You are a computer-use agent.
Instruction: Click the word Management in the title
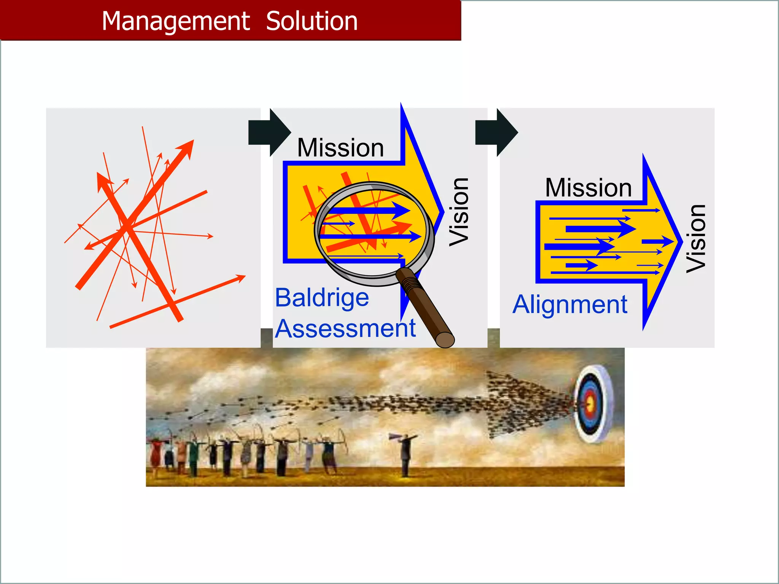coord(175,21)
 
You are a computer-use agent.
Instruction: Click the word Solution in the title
coord(312,21)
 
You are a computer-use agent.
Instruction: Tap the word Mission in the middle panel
coord(340,148)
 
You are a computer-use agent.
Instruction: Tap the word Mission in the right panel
coord(588,188)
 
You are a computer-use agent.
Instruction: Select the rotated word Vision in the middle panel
coord(459,212)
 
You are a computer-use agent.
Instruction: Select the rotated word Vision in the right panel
coord(696,238)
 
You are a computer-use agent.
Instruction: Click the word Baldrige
coord(322,298)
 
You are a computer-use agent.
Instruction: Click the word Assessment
coord(345,328)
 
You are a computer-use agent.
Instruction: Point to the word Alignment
coord(569,305)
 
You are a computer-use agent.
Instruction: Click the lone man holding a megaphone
coord(405,452)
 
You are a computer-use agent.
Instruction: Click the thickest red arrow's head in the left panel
coord(188,147)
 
